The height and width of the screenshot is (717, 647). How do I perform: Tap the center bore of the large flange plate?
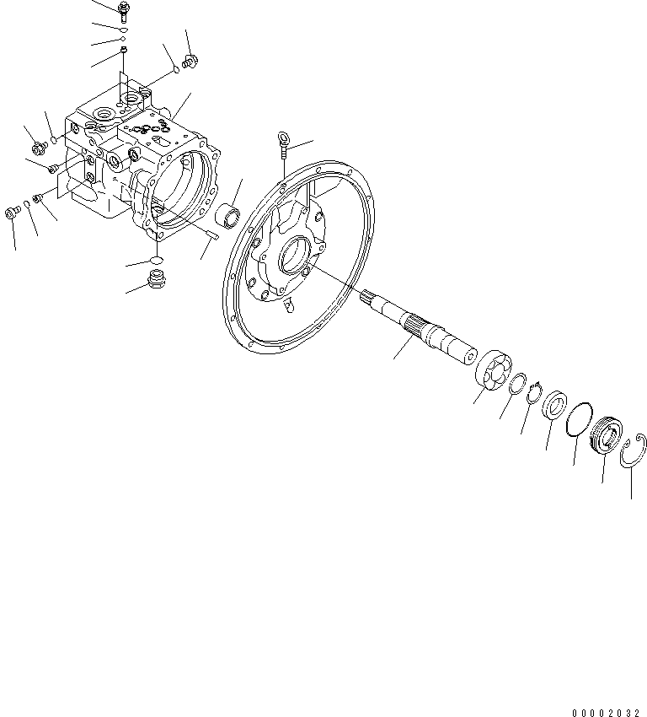[295, 255]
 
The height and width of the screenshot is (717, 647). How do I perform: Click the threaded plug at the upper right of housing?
[190, 62]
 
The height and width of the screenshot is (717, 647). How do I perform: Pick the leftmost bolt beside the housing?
[13, 212]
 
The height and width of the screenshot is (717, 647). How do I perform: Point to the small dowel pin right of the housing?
[211, 239]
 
